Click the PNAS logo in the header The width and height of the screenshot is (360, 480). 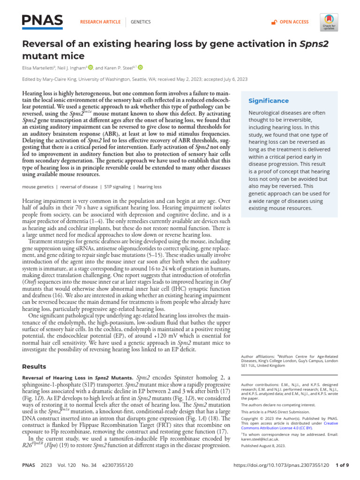[x=43, y=21]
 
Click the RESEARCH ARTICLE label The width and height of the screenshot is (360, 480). [x=101, y=22]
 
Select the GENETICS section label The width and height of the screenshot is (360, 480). [x=140, y=22]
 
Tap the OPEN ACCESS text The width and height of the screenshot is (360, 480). [x=294, y=22]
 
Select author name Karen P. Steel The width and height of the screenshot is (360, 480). [x=120, y=67]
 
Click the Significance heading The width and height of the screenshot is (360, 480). [x=269, y=101]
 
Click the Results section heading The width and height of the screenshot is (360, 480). [x=34, y=367]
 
